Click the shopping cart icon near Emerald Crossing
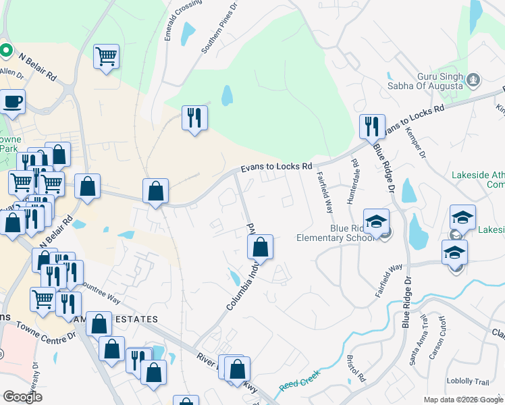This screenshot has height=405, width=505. click(107, 56)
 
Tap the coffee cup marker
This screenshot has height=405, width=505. click(12, 102)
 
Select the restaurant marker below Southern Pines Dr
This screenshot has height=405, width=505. click(194, 118)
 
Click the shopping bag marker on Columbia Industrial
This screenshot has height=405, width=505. click(260, 247)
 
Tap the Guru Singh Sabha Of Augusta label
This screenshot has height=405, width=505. click(425, 82)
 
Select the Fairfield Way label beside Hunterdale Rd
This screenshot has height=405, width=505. click(325, 192)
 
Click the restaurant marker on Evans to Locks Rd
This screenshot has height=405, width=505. click(371, 126)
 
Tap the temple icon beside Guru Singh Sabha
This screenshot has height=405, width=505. click(473, 81)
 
